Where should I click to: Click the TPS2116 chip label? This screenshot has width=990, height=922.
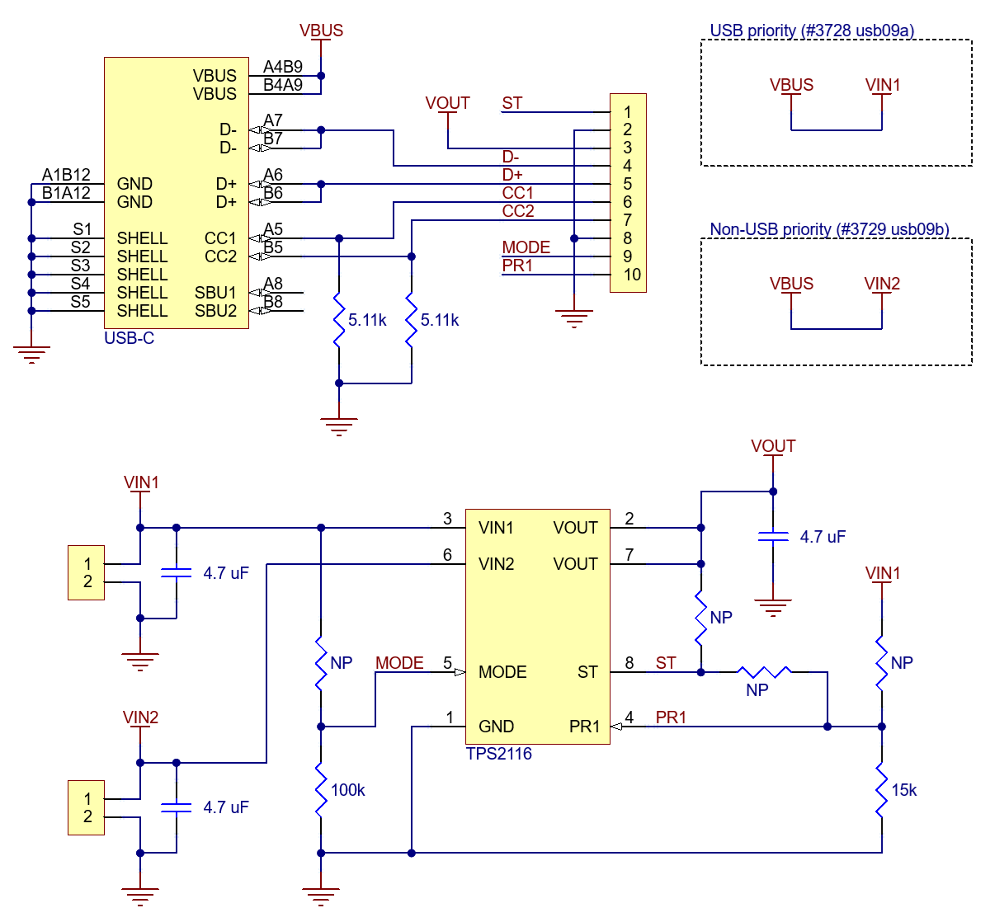click(x=498, y=754)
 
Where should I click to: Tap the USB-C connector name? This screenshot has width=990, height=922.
click(x=129, y=338)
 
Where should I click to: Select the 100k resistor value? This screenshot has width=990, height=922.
click(x=347, y=790)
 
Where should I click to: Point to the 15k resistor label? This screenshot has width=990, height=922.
click(x=903, y=790)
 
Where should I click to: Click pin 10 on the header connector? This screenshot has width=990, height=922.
click(x=632, y=275)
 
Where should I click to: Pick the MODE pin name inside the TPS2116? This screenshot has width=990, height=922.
click(x=502, y=672)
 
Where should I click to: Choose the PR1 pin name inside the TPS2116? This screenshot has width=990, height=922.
click(x=584, y=727)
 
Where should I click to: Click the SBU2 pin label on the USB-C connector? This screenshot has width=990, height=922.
click(x=215, y=311)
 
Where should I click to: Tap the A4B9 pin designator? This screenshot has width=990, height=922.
click(x=283, y=67)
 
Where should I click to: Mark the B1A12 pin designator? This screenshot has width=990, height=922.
click(x=66, y=193)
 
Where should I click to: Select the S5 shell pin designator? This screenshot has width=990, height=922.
click(x=80, y=302)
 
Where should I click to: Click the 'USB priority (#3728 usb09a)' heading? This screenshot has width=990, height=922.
click(x=812, y=31)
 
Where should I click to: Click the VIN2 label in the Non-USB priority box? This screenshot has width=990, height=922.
click(x=882, y=284)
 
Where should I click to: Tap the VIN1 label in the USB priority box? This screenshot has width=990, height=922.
click(x=883, y=85)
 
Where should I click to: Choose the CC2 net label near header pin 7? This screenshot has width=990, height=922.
click(x=518, y=211)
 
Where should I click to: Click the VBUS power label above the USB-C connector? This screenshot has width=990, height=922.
click(x=321, y=31)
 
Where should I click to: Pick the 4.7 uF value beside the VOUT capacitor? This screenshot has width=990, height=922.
click(x=823, y=537)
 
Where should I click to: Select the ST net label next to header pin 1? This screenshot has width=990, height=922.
click(x=512, y=103)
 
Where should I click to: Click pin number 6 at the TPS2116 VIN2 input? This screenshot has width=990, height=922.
click(x=447, y=555)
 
